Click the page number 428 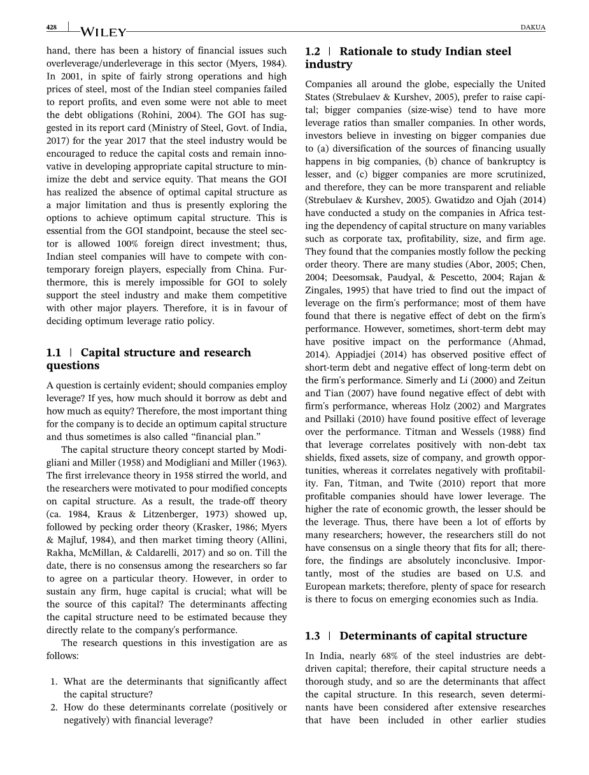pos(52,27)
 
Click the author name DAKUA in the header pos(532,27)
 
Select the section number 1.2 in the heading pos(313,52)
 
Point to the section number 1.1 pos(53,353)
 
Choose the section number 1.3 pos(313,636)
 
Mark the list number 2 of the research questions pos(54,707)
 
